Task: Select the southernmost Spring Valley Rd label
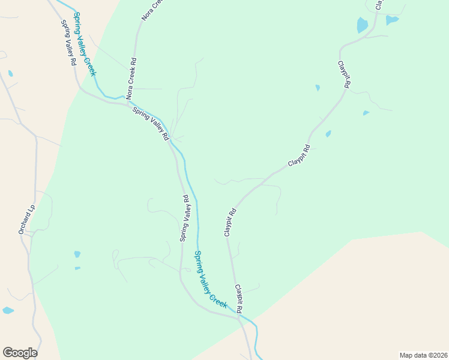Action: tap(185, 218)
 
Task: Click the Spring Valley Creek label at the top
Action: tap(85, 44)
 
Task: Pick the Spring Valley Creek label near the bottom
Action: tap(211, 280)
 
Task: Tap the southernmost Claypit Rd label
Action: tap(239, 299)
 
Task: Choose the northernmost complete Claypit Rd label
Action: tap(343, 75)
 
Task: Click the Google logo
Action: tap(20, 353)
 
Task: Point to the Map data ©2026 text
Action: tap(423, 355)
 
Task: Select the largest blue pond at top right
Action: tap(362, 25)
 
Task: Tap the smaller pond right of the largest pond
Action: tap(392, 20)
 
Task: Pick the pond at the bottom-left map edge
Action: tap(8, 310)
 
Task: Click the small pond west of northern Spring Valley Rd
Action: tap(10, 74)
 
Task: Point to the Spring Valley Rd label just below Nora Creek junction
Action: tap(151, 124)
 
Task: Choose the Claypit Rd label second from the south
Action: tap(231, 222)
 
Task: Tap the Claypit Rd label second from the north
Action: tap(298, 155)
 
